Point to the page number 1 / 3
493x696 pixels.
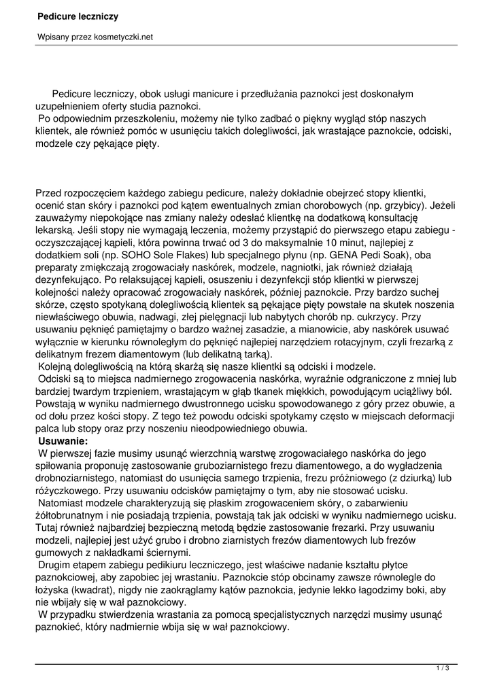point(443,669)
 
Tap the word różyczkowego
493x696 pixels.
point(69,491)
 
